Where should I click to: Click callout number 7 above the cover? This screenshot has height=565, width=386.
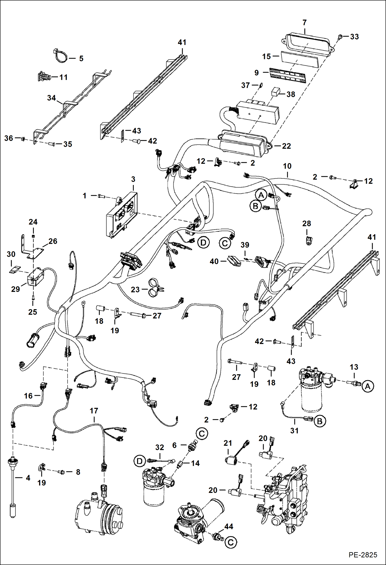point(305,23)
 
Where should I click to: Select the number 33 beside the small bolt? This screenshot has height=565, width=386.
point(354,37)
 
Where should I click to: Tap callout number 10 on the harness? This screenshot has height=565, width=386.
point(287,166)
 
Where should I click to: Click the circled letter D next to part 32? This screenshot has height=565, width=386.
point(139,461)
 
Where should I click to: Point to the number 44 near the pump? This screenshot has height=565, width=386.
point(229,526)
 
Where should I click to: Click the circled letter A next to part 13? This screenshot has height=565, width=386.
point(367,386)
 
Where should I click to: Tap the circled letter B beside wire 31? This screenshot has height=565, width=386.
point(320,421)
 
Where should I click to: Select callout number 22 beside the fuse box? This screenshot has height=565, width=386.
point(286,146)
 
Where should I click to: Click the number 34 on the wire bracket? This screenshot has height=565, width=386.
point(52,98)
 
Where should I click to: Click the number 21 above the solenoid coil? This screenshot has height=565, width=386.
point(228,443)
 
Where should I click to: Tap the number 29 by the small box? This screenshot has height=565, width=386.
point(15,289)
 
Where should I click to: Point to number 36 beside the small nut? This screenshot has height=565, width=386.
point(9,138)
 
